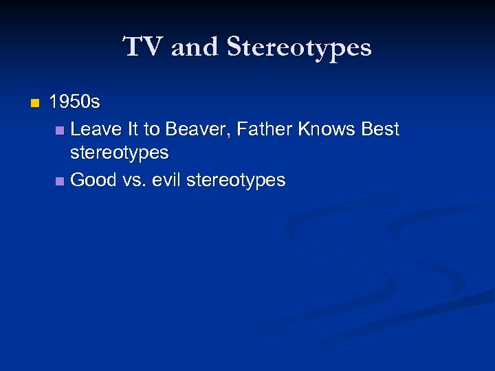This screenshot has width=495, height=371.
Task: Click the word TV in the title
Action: [143, 47]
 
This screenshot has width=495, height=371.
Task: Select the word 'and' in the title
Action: [195, 47]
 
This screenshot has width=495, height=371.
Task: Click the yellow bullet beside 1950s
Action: [35, 104]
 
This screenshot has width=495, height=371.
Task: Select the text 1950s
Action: [75, 103]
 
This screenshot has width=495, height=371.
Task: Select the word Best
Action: [380, 128]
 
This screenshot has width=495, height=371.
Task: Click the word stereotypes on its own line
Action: [120, 152]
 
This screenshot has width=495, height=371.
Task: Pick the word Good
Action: [93, 180]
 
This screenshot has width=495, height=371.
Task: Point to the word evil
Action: [168, 180]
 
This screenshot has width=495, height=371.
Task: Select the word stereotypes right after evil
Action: [236, 180]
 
